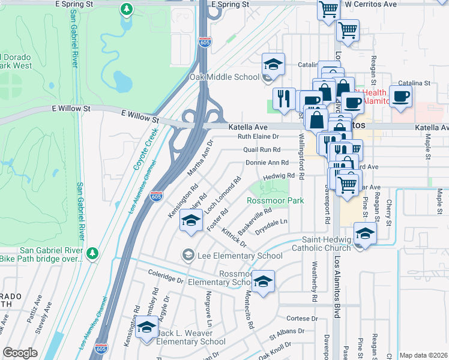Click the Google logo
point(20,353)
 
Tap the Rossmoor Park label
point(276,200)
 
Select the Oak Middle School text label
point(224,77)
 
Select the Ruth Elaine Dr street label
point(259,137)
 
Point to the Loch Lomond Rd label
point(223,194)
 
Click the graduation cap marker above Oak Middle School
point(273,64)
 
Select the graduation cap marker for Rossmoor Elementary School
point(263,281)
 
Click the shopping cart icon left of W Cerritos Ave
point(328,9)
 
